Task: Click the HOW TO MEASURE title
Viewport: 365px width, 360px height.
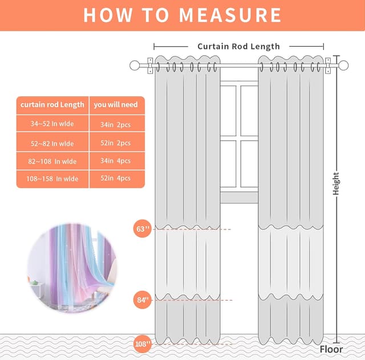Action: click(182, 15)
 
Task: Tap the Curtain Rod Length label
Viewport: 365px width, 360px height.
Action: click(238, 46)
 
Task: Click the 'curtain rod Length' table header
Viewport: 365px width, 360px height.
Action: click(52, 105)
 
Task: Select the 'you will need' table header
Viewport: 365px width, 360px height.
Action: click(117, 105)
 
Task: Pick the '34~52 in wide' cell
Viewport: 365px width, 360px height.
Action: click(52, 124)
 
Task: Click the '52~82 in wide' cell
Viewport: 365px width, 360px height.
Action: click(52, 142)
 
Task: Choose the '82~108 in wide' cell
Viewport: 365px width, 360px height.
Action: click(52, 161)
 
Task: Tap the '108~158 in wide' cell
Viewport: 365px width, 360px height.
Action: click(52, 179)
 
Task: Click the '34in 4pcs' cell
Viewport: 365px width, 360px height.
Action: click(116, 161)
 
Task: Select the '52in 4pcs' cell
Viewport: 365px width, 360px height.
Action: click(116, 179)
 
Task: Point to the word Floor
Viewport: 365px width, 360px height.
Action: click(331, 349)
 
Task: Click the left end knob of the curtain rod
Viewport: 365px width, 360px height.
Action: click(135, 65)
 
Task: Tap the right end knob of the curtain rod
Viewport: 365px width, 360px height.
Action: click(343, 65)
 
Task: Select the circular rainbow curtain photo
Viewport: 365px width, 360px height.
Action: click(71, 265)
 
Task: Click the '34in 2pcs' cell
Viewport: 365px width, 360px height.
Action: click(116, 124)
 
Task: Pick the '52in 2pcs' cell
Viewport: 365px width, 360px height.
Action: click(116, 142)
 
